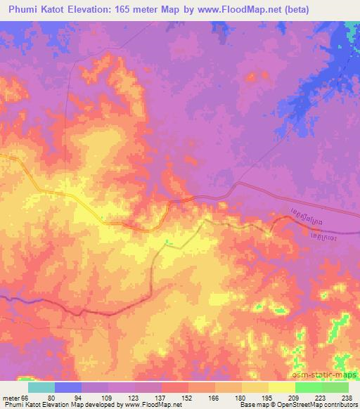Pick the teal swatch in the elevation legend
point(41,387)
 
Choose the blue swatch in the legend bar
point(68,387)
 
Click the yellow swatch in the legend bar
point(282,387)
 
